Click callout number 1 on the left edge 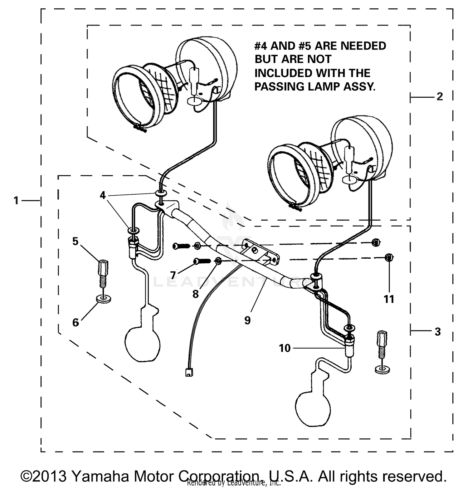16,200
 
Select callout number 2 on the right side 440,97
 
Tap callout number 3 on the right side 438,332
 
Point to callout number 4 103,195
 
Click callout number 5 75,241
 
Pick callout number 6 76,322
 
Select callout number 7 173,275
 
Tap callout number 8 195,294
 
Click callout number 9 247,320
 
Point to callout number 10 285,348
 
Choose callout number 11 389,299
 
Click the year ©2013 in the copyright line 44,476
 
